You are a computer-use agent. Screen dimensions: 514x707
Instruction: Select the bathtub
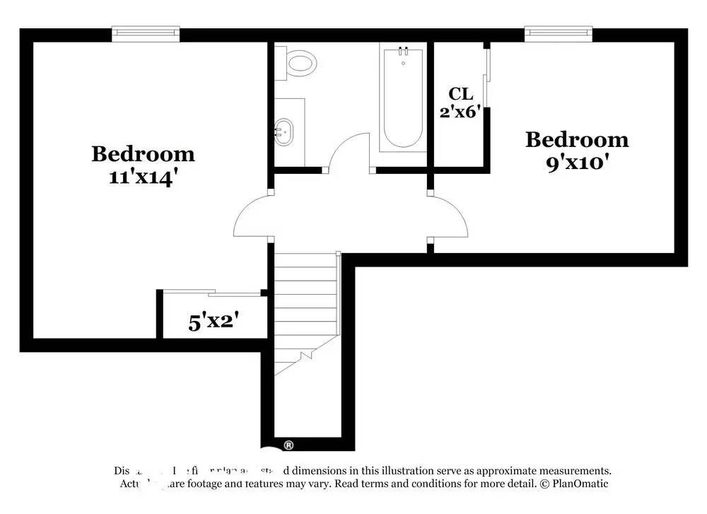[x=403, y=99]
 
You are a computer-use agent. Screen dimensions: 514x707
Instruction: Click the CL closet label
[x=460, y=93]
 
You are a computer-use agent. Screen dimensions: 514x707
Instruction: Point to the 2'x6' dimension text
[x=460, y=111]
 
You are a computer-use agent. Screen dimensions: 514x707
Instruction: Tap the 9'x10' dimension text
[x=576, y=163]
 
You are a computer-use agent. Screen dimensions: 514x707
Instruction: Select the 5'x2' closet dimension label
[x=213, y=322]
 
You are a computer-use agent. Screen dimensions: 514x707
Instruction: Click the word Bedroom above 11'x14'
[x=143, y=153]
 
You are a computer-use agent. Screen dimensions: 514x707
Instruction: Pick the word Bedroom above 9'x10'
[x=576, y=139]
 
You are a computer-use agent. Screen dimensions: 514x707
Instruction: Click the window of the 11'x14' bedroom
[x=146, y=33]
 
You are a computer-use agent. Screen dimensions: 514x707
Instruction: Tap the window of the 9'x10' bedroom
[x=558, y=33]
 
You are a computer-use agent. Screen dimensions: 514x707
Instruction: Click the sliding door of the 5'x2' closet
[x=212, y=292]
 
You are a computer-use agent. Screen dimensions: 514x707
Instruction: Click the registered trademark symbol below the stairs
[x=288, y=445]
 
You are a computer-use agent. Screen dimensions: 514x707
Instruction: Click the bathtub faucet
[x=403, y=52]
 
